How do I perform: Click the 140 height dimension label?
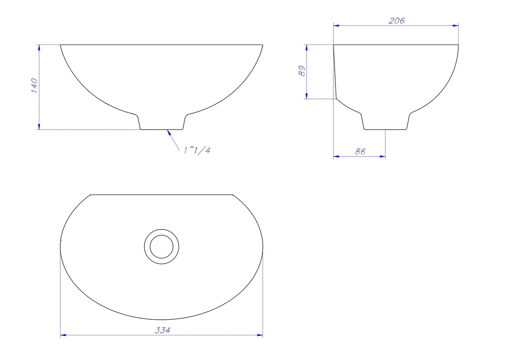point(34,85)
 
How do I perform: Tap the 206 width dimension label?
point(397,21)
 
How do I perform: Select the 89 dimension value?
point(302,71)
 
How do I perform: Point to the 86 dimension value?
point(360,151)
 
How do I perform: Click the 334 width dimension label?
point(162,330)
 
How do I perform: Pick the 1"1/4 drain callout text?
point(197,151)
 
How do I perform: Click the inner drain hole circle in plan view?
point(162,235)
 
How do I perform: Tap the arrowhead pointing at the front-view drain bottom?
point(169,132)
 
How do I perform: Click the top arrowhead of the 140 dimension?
point(39,47)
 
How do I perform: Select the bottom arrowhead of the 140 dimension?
point(39,127)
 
